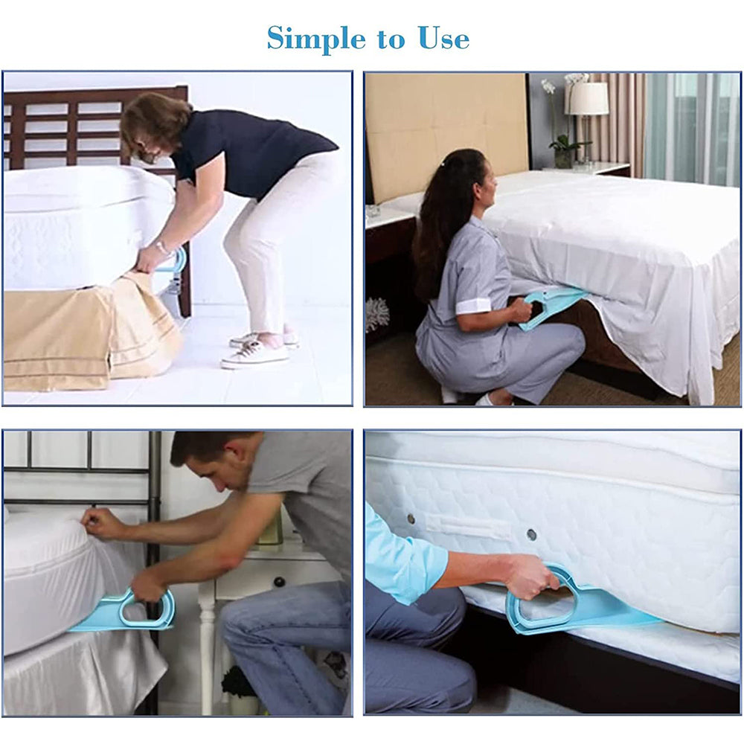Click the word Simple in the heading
click(x=316, y=39)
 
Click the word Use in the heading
click(x=443, y=39)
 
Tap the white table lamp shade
click(x=589, y=98)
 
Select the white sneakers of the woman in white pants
click(x=259, y=349)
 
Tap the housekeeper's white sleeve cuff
click(x=472, y=307)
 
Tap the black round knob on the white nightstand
click(x=280, y=582)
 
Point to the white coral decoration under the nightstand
click(x=377, y=314)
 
